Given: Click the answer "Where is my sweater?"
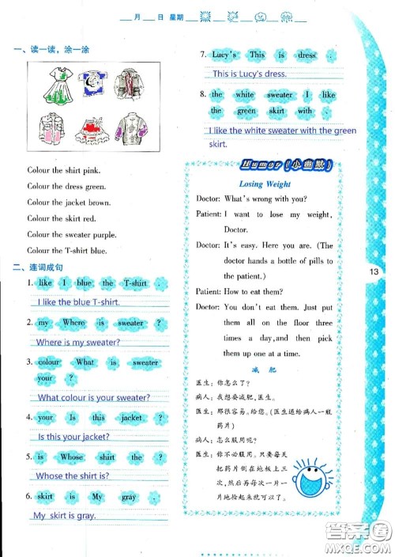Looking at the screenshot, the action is (x=78, y=343).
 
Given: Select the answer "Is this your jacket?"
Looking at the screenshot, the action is (x=73, y=437).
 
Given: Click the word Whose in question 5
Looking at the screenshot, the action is (x=72, y=457).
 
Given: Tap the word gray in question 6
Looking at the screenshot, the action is (x=129, y=497).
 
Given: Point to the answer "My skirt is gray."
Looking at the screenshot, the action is (x=64, y=515).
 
